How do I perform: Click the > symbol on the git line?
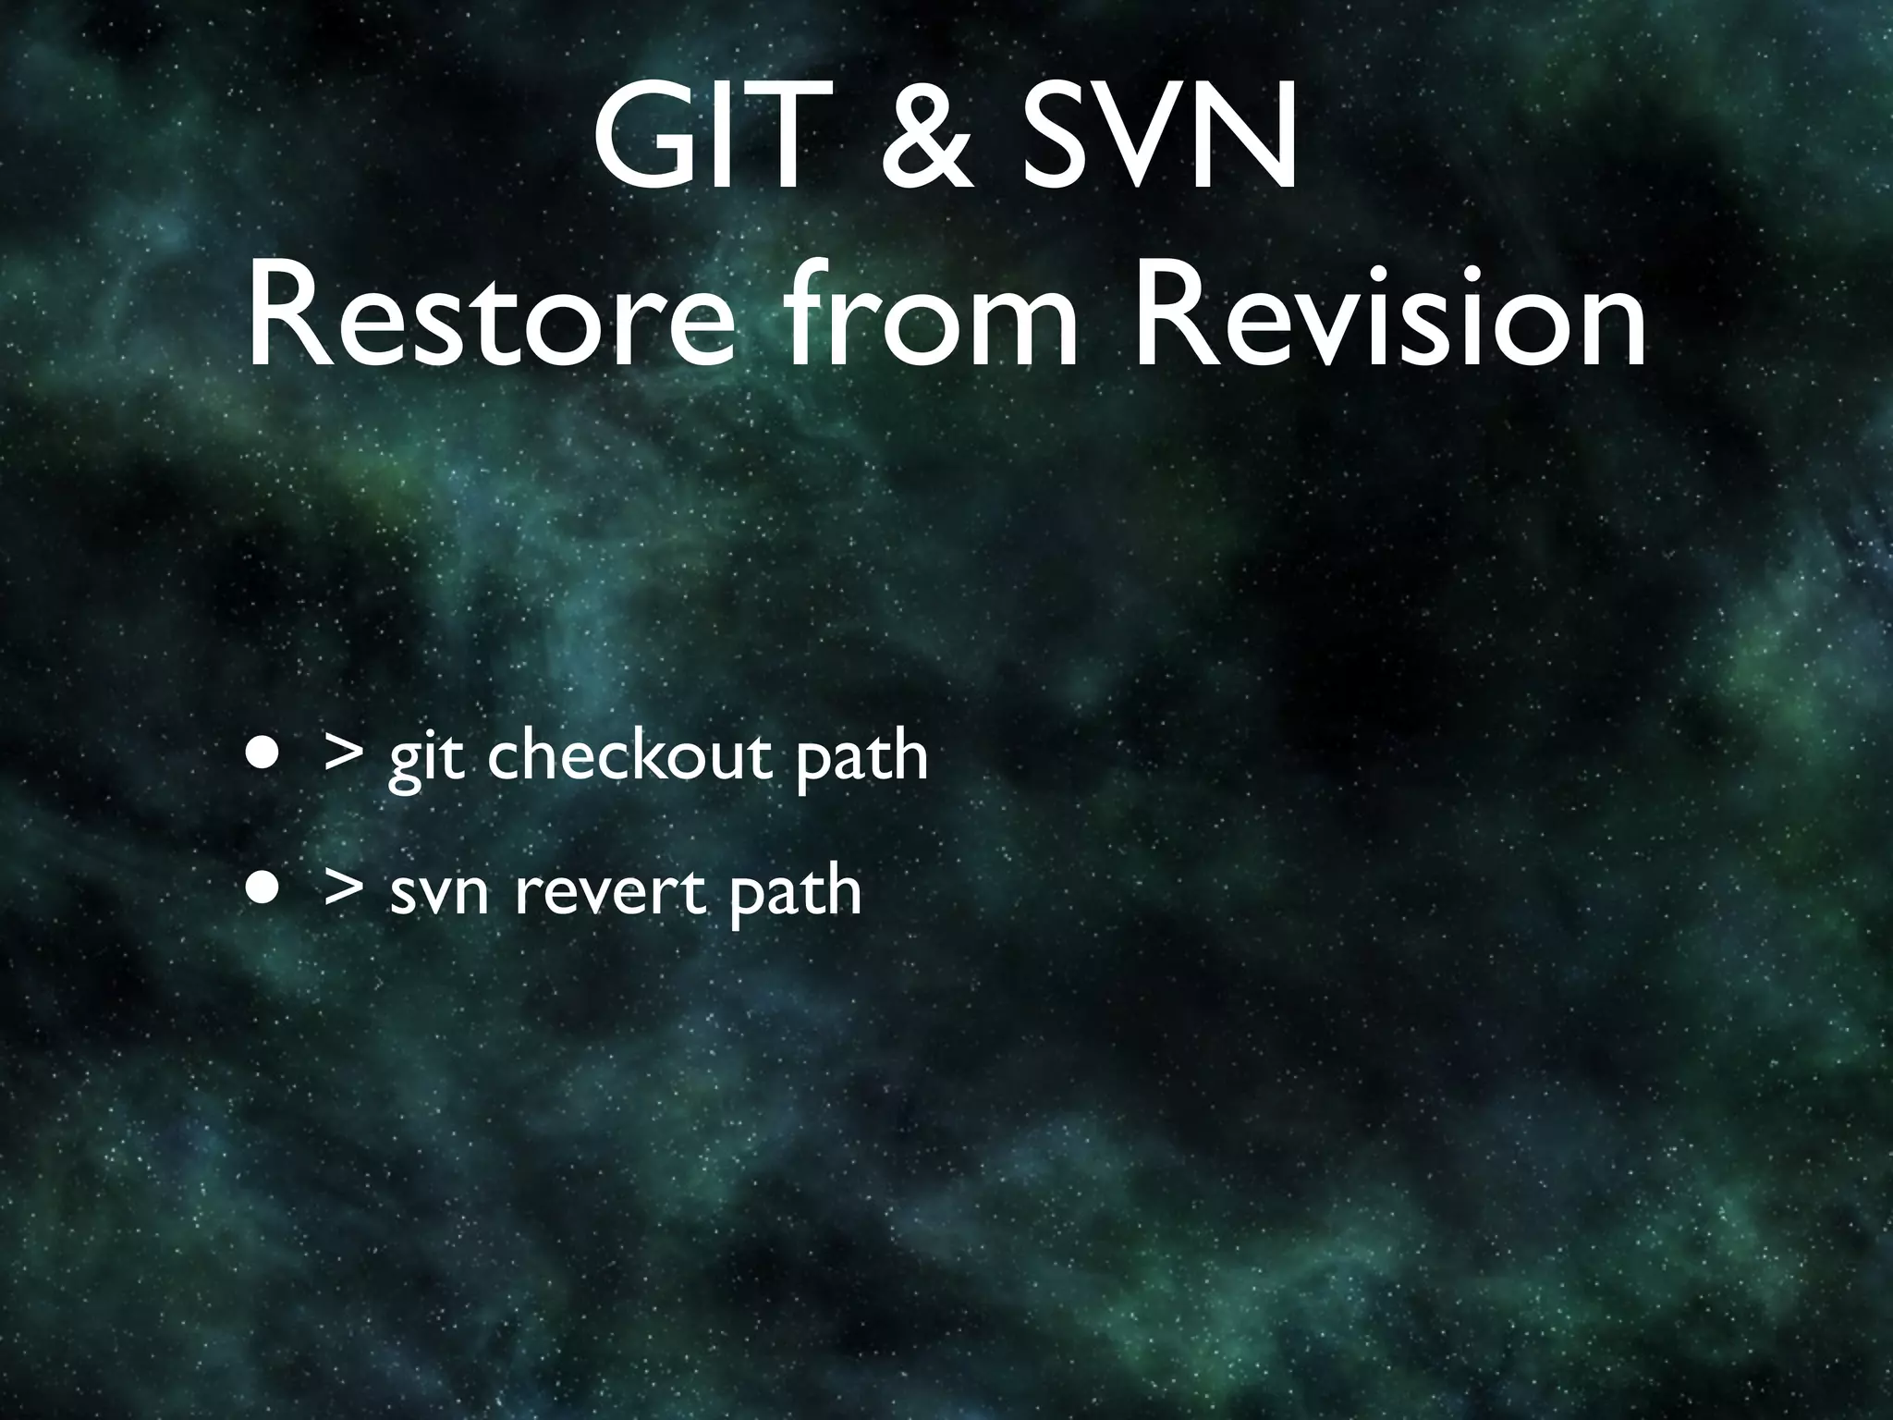click(x=344, y=757)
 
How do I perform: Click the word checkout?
click(x=629, y=757)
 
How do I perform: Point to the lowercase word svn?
click(x=439, y=895)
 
